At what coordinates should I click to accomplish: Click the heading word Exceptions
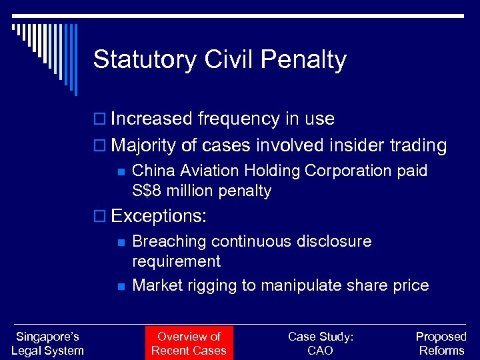(x=159, y=216)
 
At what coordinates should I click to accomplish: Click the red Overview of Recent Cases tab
(x=189, y=343)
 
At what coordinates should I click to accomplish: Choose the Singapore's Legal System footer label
(x=47, y=343)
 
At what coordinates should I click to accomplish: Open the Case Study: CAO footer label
(x=321, y=343)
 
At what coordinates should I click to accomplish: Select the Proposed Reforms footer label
(x=441, y=343)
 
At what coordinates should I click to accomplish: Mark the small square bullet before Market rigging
(x=121, y=286)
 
